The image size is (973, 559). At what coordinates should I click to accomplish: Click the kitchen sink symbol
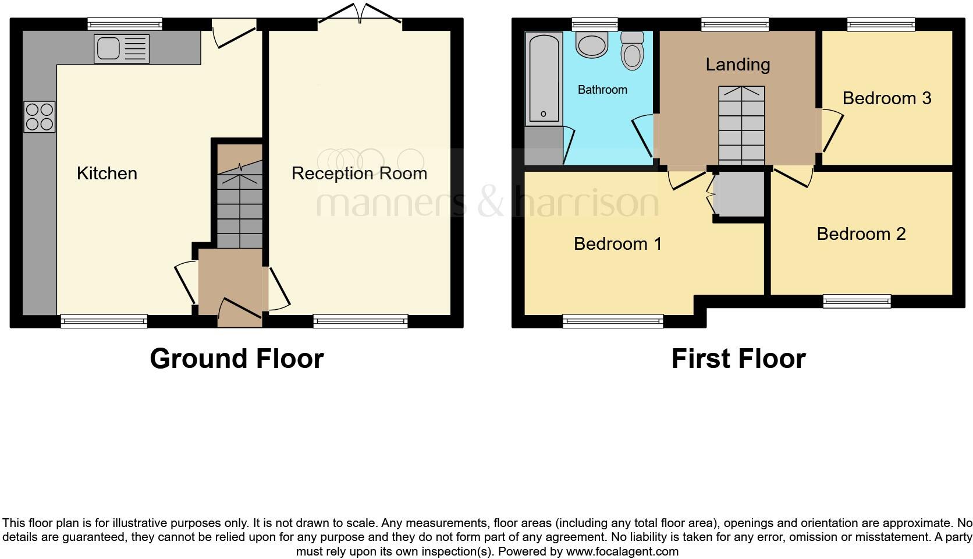[122, 48]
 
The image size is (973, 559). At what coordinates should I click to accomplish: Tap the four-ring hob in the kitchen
[40, 117]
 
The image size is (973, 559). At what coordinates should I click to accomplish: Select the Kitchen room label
[107, 173]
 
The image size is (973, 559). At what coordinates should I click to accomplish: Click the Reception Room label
[359, 173]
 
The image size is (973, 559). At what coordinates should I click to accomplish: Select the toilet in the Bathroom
[631, 51]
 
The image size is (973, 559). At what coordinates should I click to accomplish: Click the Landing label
[737, 64]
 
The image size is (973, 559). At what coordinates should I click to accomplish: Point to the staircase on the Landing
[741, 125]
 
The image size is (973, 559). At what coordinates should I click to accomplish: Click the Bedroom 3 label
[886, 98]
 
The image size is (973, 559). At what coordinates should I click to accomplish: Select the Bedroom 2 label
[861, 233]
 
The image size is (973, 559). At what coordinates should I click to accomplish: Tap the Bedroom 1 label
[617, 243]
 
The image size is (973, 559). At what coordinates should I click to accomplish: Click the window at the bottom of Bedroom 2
[857, 301]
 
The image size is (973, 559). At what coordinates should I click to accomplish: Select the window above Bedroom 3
[880, 24]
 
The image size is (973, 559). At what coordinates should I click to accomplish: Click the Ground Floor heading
[236, 359]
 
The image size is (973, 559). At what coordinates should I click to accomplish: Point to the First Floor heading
[738, 359]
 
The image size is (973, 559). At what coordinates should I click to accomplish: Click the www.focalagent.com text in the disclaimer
[622, 551]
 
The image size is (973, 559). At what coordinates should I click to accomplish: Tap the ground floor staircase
[240, 204]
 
